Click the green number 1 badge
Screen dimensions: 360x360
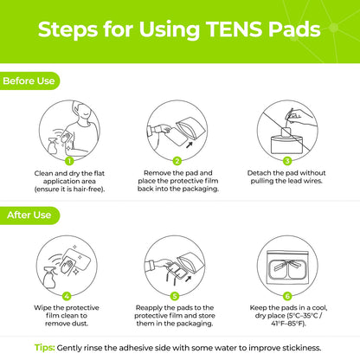(68, 160)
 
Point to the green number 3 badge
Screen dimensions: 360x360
(286, 160)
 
